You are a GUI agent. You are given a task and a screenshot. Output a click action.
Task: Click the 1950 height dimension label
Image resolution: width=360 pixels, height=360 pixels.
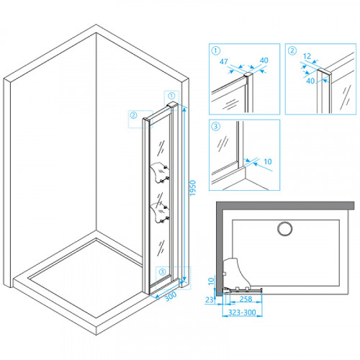tap(193, 188)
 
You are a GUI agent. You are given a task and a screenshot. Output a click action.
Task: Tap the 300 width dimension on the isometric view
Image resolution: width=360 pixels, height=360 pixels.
tap(171, 296)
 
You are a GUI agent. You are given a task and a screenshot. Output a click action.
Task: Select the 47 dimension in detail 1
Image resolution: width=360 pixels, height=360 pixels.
tap(224, 61)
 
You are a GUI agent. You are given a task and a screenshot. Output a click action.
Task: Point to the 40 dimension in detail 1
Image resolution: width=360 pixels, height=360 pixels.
tap(264, 60)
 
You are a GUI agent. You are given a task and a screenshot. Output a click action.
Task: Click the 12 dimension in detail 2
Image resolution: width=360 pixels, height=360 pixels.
tap(307, 56)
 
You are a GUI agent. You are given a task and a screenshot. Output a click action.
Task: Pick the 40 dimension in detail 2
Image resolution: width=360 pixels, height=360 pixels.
tap(310, 81)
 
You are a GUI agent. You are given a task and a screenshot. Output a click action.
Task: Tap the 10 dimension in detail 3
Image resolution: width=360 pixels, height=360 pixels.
tap(268, 161)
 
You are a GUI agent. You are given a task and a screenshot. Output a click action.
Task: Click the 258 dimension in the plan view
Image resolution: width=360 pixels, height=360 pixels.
tap(246, 299)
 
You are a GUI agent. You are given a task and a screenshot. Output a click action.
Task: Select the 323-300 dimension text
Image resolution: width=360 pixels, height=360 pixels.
tap(242, 312)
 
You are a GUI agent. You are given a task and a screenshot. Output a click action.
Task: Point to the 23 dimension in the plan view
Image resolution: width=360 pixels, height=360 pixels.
tap(210, 300)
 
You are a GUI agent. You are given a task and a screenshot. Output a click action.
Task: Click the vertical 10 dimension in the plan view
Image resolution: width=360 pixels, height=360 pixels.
tap(211, 281)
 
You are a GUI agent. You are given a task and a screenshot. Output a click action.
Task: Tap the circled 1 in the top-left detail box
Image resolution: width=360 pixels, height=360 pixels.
tap(216, 50)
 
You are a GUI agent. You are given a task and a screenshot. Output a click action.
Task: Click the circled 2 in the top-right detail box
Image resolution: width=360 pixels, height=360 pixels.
tap(292, 50)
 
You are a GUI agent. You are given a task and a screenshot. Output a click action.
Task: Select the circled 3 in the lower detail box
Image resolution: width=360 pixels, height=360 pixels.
tap(215, 126)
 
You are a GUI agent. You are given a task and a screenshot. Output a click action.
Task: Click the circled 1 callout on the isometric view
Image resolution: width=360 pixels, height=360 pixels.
tap(171, 96)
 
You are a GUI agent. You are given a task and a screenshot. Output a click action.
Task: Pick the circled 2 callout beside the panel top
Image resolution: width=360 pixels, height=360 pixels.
tap(133, 115)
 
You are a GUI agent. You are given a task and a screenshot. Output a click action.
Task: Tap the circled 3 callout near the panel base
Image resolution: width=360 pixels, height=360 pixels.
tap(163, 271)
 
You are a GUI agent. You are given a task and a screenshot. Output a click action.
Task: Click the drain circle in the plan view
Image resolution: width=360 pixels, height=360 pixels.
tap(285, 228)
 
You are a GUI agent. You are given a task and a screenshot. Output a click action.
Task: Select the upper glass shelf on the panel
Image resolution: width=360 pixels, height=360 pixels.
tap(160, 173)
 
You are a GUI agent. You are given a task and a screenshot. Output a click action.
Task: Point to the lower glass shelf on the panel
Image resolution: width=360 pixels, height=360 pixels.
tap(160, 213)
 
